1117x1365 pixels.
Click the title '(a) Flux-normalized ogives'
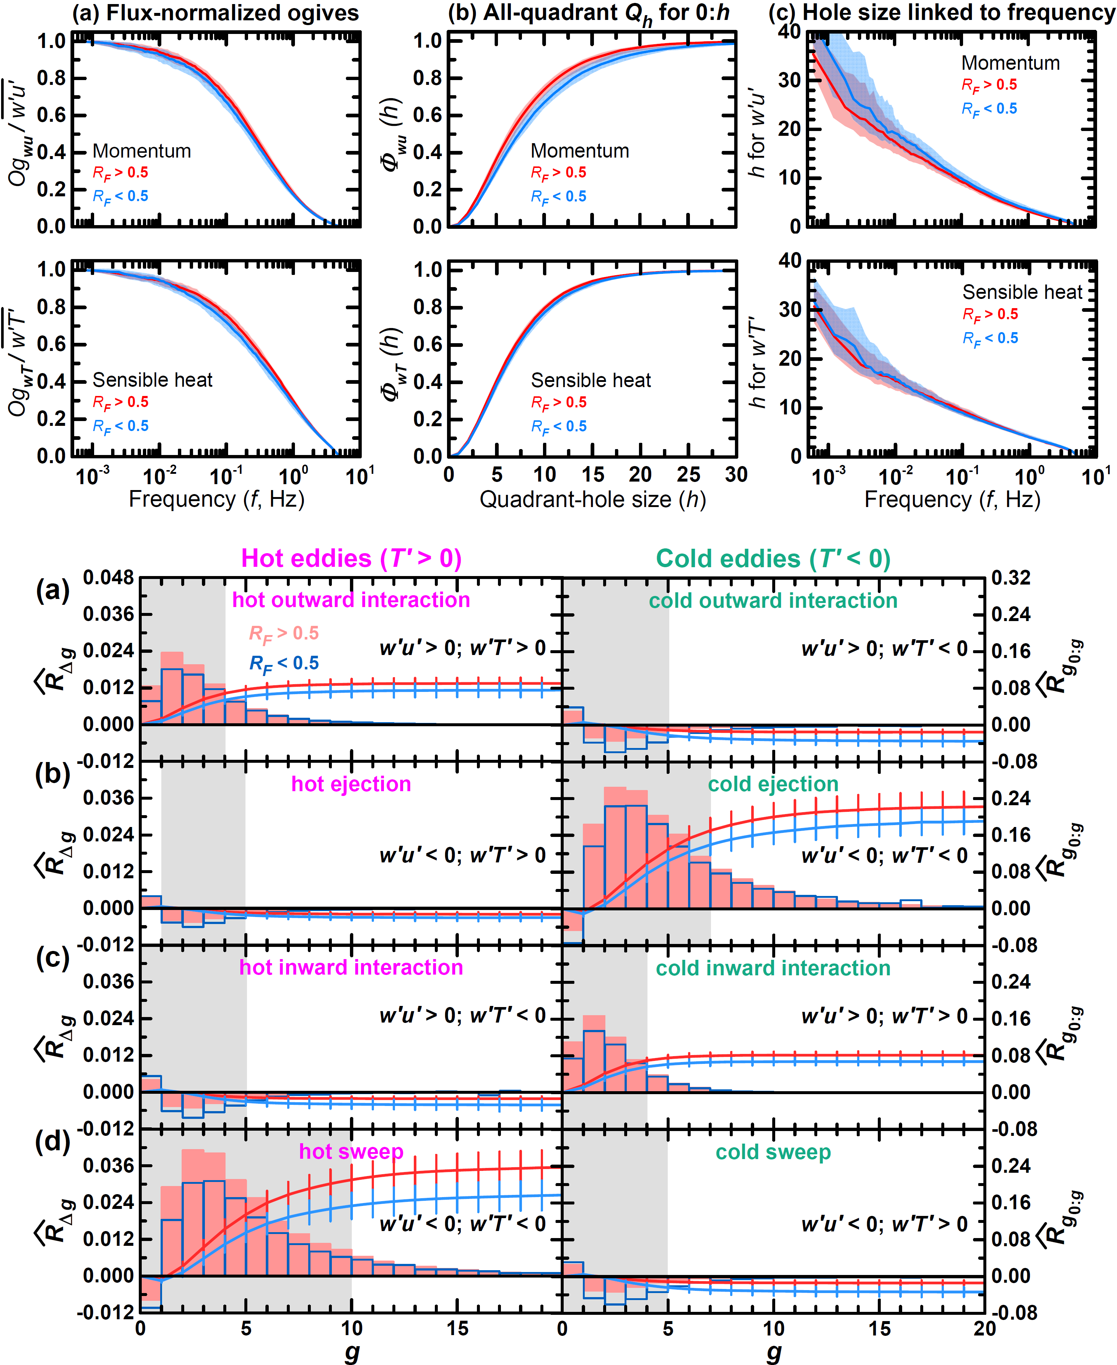coord(215,13)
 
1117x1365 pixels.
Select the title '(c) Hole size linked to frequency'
coord(942,13)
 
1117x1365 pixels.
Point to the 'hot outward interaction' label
coord(351,600)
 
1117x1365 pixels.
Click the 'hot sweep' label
coord(351,1151)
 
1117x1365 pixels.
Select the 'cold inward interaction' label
coord(773,968)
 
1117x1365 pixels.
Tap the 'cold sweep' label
coord(773,1151)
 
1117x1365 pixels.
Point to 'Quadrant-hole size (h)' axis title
coord(592,499)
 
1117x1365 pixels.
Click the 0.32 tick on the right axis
coord(1011,578)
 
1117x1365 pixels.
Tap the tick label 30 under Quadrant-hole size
coord(736,475)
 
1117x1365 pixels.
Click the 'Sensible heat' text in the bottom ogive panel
coord(152,380)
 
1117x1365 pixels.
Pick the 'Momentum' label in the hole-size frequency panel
coord(1010,63)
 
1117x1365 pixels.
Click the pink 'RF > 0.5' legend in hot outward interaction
coord(284,634)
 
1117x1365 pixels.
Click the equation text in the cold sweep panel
coord(884,1224)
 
